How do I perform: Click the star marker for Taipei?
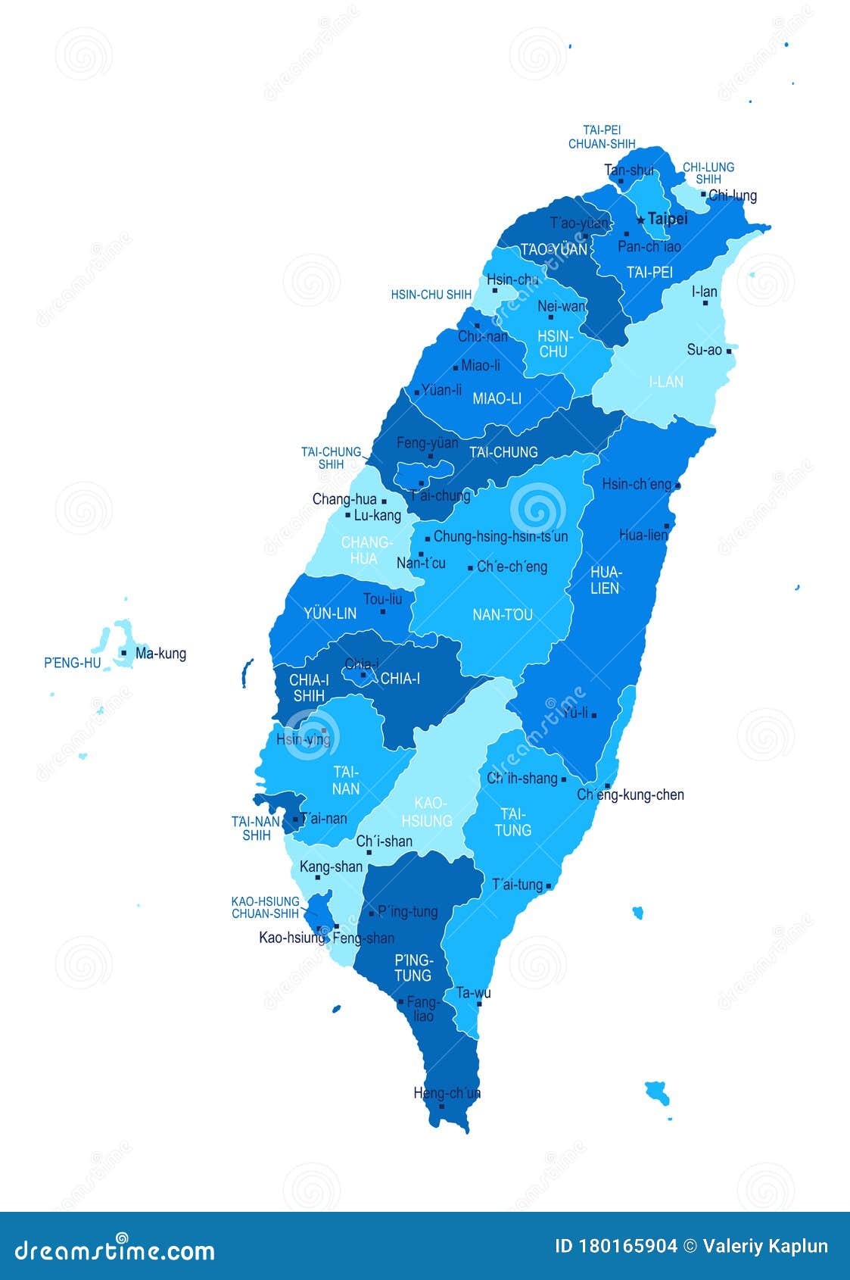pyautogui.click(x=641, y=220)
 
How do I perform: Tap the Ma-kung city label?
pyautogui.click(x=160, y=654)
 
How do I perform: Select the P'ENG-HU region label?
pyautogui.click(x=72, y=663)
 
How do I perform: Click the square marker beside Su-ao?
pyautogui.click(x=729, y=351)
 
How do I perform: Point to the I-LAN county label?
pyautogui.click(x=666, y=382)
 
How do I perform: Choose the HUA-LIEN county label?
pyautogui.click(x=606, y=579)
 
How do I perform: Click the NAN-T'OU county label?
pyautogui.click(x=503, y=614)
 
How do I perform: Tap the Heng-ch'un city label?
pyautogui.click(x=447, y=1093)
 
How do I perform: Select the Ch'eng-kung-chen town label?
pyautogui.click(x=630, y=795)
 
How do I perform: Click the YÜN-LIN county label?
pyautogui.click(x=330, y=613)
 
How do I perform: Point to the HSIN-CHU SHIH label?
pyautogui.click(x=431, y=295)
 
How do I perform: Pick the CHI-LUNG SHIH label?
pyautogui.click(x=708, y=173)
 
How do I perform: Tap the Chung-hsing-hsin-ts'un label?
pyautogui.click(x=500, y=536)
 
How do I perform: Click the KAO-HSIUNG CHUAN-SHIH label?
pyautogui.click(x=265, y=907)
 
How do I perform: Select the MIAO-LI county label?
pyautogui.click(x=497, y=398)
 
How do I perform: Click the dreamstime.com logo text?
pyautogui.click(x=115, y=1250)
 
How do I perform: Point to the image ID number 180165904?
pyautogui.click(x=627, y=1247)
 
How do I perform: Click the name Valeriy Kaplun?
pyautogui.click(x=765, y=1247)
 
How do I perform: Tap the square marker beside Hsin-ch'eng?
pyautogui.click(x=677, y=485)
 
